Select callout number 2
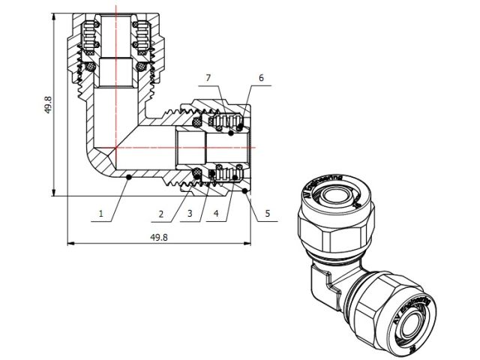[x=161, y=214]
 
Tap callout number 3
[x=190, y=214]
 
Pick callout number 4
[x=217, y=214]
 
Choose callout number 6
[x=261, y=78]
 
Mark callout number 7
[x=208, y=78]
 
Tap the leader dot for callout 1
[x=129, y=177]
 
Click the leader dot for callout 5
[x=246, y=190]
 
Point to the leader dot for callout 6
[x=239, y=125]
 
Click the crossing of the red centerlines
[x=116, y=147]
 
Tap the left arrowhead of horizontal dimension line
[x=70, y=244]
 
